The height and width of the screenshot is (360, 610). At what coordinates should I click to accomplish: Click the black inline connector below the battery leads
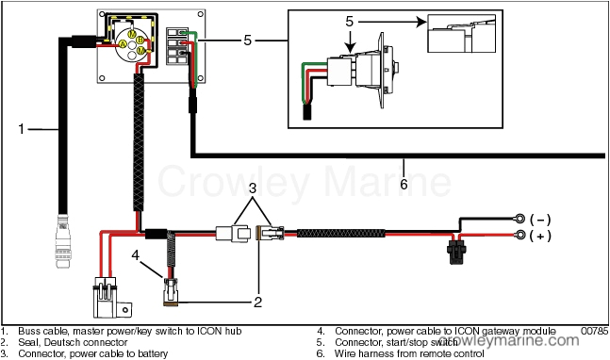point(455,254)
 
